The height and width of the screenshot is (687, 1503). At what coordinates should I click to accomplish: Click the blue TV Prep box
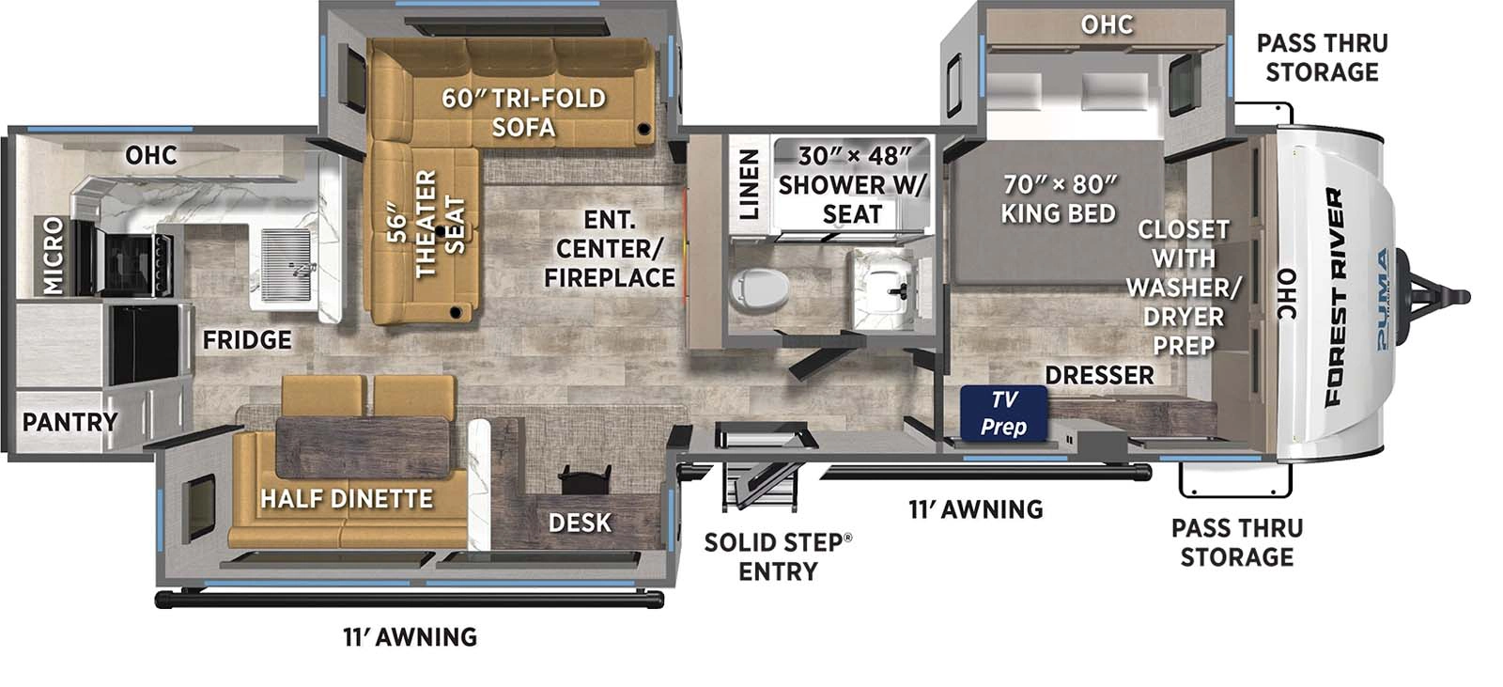click(1003, 414)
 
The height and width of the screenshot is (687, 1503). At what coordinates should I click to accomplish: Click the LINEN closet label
click(749, 184)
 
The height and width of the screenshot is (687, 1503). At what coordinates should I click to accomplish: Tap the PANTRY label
click(70, 422)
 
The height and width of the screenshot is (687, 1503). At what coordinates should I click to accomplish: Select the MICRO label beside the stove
click(53, 255)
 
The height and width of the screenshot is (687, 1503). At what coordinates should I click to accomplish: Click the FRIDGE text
click(247, 339)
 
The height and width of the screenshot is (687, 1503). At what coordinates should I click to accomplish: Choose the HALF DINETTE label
click(347, 498)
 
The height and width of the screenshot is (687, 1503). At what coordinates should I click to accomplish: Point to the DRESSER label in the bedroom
click(1099, 375)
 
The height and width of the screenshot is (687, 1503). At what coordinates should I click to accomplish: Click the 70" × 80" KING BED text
click(1059, 198)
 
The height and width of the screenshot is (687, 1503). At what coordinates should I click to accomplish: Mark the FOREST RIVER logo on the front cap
click(1335, 297)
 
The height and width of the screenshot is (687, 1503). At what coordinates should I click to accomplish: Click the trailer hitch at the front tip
click(1442, 297)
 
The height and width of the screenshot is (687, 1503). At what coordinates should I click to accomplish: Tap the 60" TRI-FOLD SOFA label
click(524, 112)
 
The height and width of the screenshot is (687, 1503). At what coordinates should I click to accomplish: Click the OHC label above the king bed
click(1107, 24)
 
